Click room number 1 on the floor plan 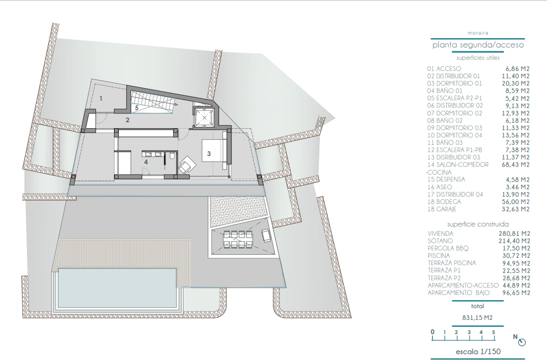pos(101,99)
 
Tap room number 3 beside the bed pos(209,154)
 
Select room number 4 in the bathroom pos(146,162)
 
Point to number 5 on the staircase pos(137,108)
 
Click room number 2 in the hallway pos(128,120)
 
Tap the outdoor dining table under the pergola pos(239,239)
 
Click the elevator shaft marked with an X pos(204,117)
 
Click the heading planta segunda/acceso pos(478,45)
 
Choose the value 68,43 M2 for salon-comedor pos(516,165)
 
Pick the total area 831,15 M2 pos(477,318)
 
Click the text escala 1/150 pos(478,352)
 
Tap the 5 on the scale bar pos(493,333)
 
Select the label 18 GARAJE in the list pos(442,209)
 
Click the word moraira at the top pos(478,33)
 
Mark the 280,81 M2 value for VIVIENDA pos(514,234)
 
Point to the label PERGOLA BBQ pos(448,248)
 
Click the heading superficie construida pos(478,225)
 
